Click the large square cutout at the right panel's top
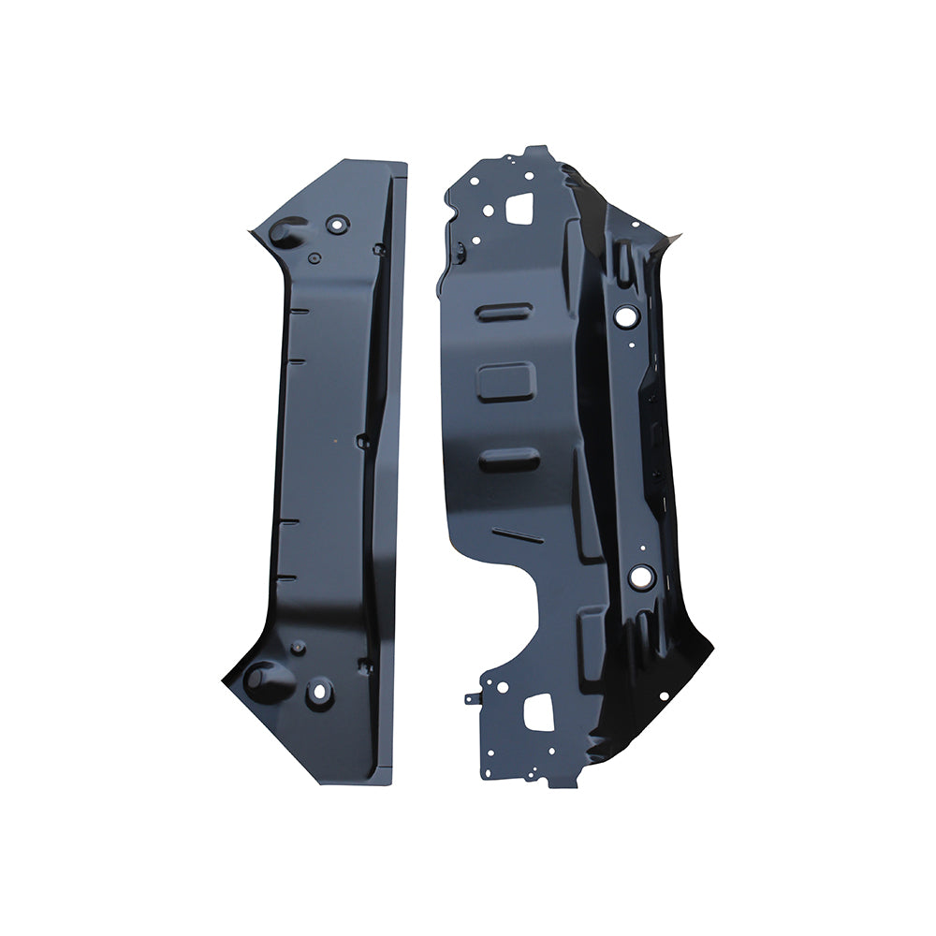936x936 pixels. point(518,208)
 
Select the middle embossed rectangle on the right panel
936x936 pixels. point(505,383)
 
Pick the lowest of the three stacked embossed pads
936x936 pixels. point(508,459)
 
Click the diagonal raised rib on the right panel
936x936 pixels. point(518,535)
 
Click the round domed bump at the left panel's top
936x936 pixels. point(285,232)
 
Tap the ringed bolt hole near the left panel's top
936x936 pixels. point(338,224)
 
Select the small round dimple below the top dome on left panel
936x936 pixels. point(314,256)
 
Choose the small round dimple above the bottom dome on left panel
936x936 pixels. point(298,647)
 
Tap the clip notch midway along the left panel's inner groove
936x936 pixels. point(363,440)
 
